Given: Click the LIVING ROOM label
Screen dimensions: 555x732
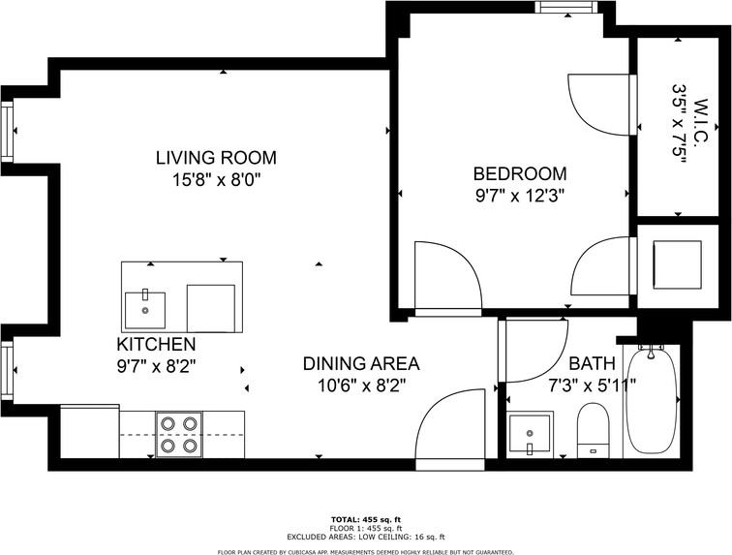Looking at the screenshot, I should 216,158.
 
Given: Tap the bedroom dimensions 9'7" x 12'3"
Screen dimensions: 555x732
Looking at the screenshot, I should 519,194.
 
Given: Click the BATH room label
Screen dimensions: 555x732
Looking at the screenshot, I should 592,364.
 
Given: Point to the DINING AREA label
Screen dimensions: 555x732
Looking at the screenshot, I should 361,364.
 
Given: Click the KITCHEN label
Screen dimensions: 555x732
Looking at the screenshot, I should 156,345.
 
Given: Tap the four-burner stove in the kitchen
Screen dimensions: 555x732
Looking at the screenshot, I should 179,434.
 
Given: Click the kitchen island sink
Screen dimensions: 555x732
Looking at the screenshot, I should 145,309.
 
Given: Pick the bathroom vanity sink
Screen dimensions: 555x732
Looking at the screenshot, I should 530,432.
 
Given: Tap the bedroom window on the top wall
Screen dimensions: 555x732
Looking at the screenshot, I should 566,9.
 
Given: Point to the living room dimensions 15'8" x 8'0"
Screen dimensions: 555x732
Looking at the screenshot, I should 216,179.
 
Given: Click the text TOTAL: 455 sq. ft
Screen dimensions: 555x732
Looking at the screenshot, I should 365,520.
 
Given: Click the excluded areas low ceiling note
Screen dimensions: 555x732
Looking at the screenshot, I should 365,537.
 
